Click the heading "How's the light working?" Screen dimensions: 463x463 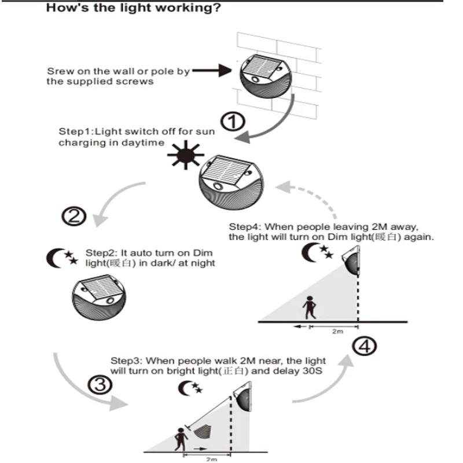point(133,9)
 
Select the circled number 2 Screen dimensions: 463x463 point(74,217)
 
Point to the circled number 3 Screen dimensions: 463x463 point(98,385)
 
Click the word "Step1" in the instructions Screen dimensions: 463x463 point(72,132)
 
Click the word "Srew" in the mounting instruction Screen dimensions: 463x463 point(58,72)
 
